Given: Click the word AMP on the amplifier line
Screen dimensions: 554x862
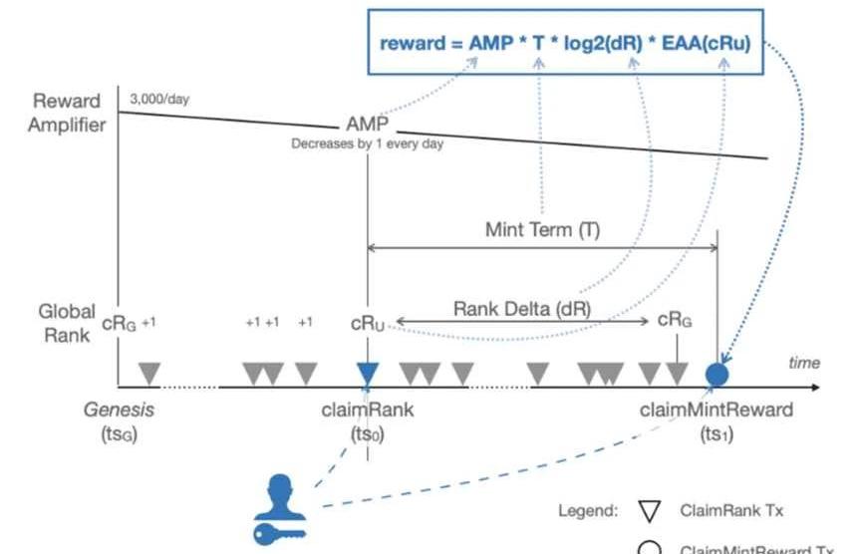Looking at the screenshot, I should pyautogui.click(x=366, y=126).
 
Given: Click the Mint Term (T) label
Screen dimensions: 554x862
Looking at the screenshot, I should pyautogui.click(x=543, y=229).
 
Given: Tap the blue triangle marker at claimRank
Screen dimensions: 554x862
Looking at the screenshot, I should pyautogui.click(x=368, y=374).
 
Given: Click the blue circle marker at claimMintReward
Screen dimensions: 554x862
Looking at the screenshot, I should pyautogui.click(x=718, y=375).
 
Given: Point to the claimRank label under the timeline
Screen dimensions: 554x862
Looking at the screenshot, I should pyautogui.click(x=368, y=410).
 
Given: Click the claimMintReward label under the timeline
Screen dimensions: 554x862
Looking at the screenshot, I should pyautogui.click(x=717, y=410).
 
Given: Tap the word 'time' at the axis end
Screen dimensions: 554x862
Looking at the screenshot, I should pyautogui.click(x=804, y=364).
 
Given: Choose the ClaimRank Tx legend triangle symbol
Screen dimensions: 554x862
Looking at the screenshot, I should pyautogui.click(x=650, y=512).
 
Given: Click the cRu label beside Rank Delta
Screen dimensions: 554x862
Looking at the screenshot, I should pyautogui.click(x=367, y=324).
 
